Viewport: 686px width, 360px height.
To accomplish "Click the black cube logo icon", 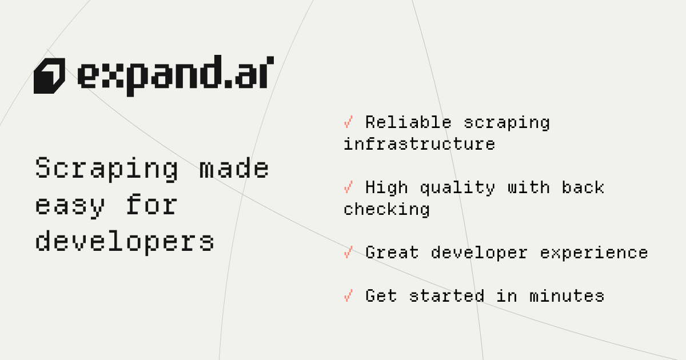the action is click(x=49, y=75).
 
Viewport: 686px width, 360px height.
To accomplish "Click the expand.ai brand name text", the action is click(x=176, y=75).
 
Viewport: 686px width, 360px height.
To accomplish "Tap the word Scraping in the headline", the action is click(x=106, y=169).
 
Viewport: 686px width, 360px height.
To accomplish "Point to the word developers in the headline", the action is click(x=125, y=242).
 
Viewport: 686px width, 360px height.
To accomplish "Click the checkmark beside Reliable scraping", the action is click(x=348, y=122).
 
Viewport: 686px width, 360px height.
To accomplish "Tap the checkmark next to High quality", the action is click(x=348, y=187).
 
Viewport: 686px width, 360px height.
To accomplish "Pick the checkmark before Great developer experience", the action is click(x=348, y=252).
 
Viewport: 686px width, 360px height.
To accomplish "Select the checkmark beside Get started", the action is click(x=348, y=296).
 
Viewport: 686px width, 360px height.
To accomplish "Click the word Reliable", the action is click(x=409, y=122).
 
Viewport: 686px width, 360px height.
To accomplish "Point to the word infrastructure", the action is click(x=419, y=144).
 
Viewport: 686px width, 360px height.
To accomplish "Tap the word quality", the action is click(x=457, y=188).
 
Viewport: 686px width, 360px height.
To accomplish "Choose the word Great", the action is click(x=392, y=253).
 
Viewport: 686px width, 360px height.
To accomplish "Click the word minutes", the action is click(x=567, y=296).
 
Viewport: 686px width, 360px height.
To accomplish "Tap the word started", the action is click(x=446, y=296).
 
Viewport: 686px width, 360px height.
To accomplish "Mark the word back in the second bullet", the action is click(x=583, y=187).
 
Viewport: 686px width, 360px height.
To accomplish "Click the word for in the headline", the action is click(x=152, y=204).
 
